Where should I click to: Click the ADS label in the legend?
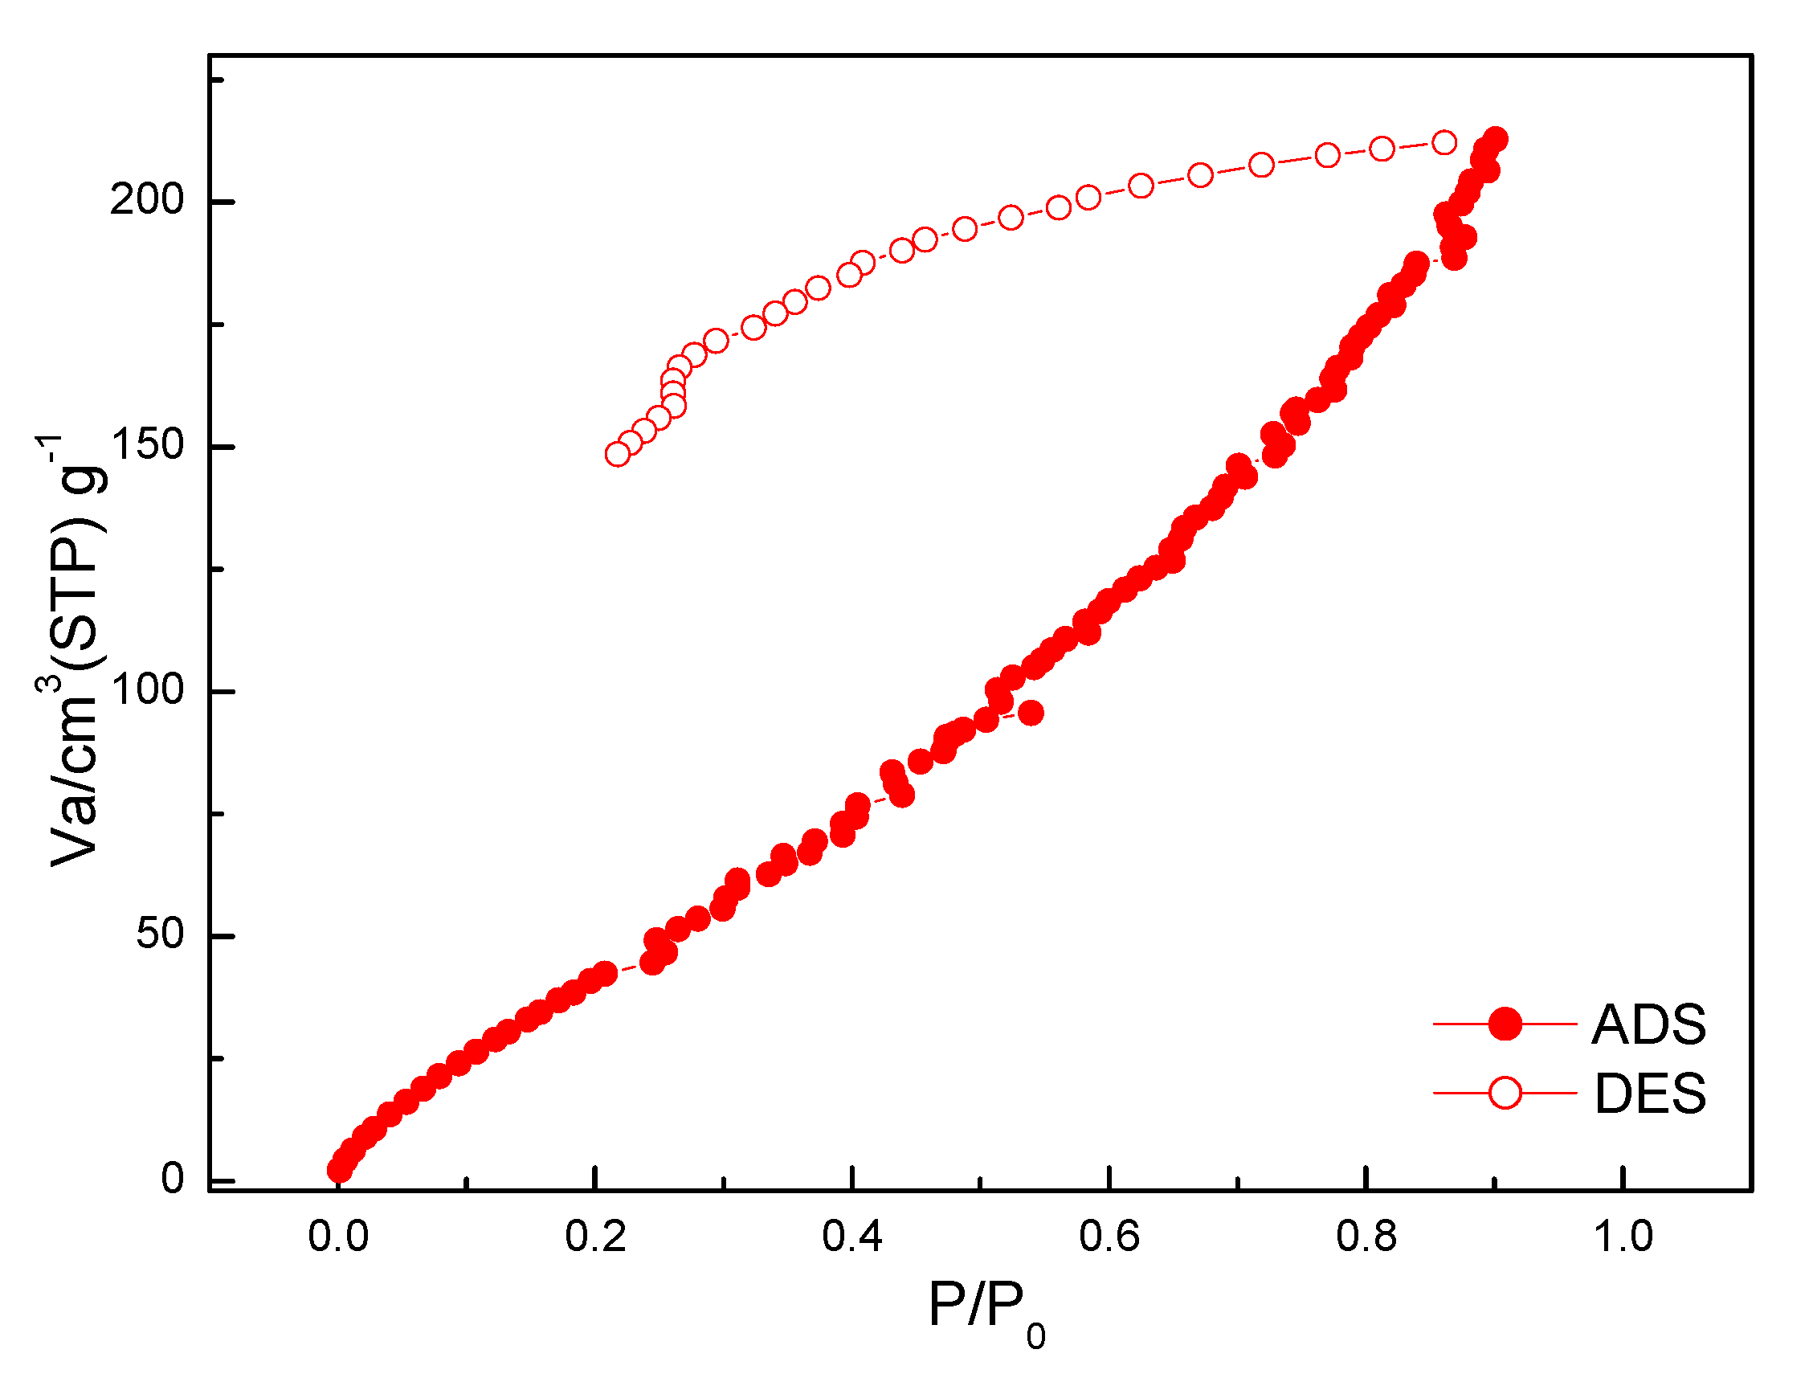(x=1648, y=1024)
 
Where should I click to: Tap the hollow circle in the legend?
(x=1505, y=1094)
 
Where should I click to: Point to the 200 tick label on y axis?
(x=148, y=199)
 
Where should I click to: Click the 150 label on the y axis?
(x=148, y=444)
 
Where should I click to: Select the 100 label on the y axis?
(x=148, y=690)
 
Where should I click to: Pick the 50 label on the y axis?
(x=160, y=934)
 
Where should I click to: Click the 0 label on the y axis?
(x=173, y=1179)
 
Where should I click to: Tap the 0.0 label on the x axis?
(x=338, y=1237)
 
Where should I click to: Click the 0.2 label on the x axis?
(x=595, y=1237)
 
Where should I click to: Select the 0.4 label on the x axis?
(x=853, y=1237)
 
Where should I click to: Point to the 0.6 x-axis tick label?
(x=1109, y=1237)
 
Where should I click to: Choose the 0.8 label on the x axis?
(x=1366, y=1237)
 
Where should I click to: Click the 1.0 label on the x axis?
(x=1623, y=1237)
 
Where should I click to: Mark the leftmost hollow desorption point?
(x=618, y=454)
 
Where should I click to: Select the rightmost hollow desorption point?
(x=1444, y=143)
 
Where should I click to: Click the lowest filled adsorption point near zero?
(x=339, y=1171)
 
